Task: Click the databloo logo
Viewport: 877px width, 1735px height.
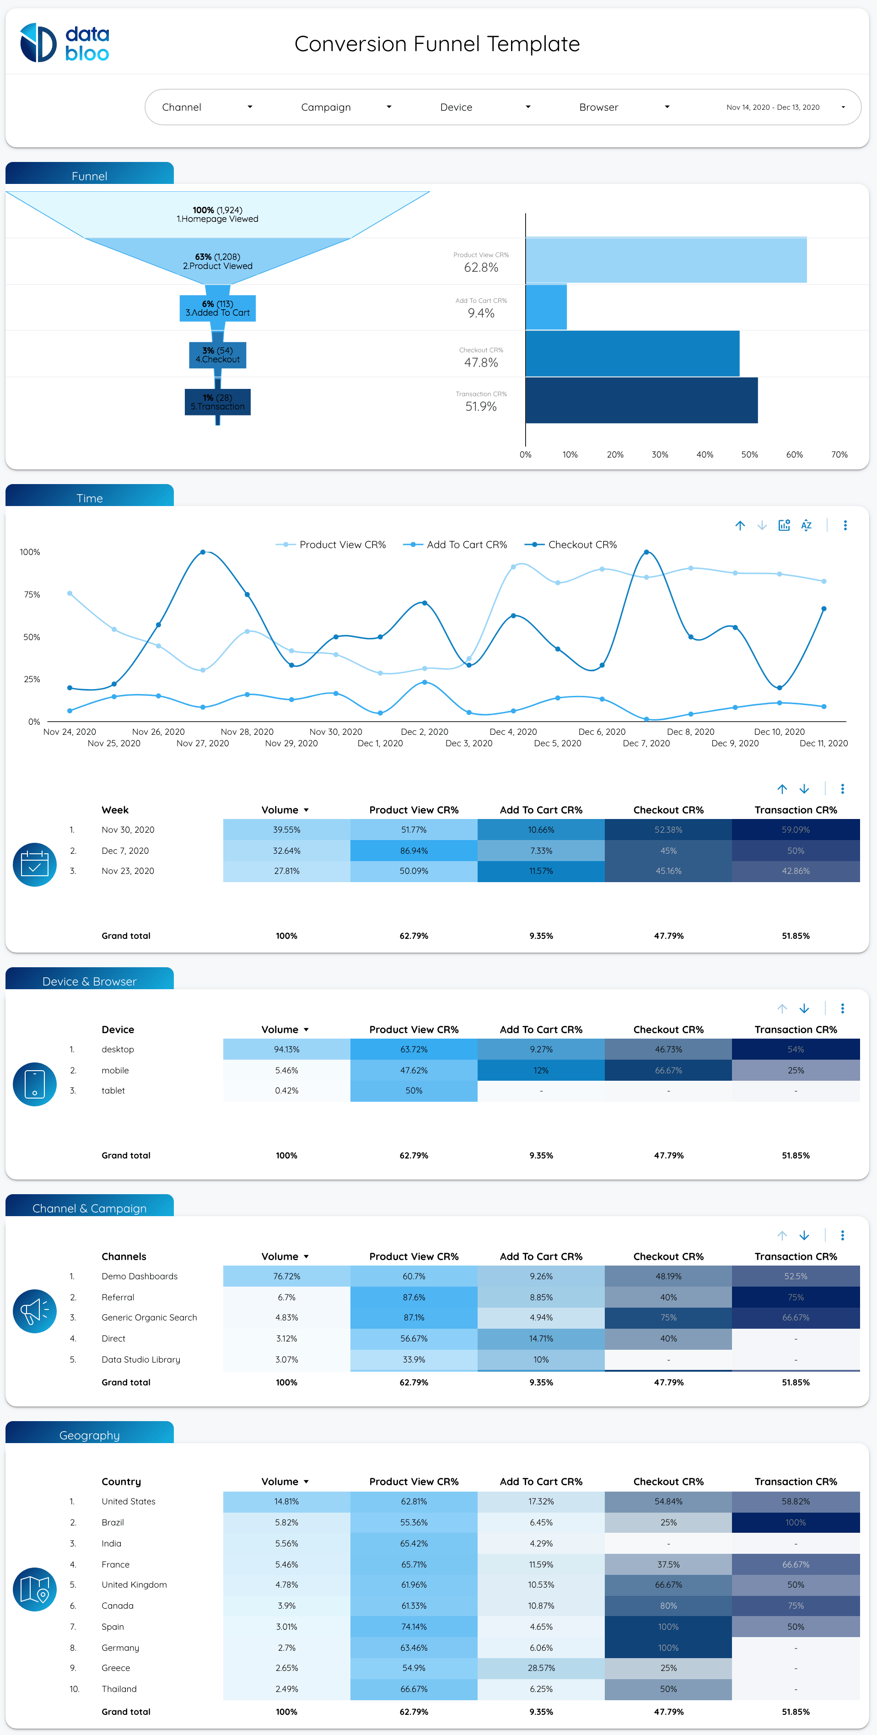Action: click(x=65, y=43)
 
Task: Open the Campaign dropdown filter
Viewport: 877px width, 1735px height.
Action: click(x=345, y=107)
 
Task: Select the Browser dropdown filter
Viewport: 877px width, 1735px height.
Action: click(x=624, y=107)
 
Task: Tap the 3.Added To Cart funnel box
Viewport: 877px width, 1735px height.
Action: click(x=218, y=308)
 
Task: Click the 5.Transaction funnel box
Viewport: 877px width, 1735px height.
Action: click(x=218, y=402)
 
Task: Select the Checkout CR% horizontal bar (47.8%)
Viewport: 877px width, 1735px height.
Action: click(x=632, y=354)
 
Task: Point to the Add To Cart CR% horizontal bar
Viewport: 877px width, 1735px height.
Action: click(x=546, y=307)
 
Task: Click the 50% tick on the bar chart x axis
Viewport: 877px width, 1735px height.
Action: click(x=749, y=455)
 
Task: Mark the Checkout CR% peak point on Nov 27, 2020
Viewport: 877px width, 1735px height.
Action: click(x=203, y=552)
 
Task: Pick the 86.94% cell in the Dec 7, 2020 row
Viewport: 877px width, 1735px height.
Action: click(x=414, y=851)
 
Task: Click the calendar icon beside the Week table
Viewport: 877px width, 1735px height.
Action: click(x=34, y=864)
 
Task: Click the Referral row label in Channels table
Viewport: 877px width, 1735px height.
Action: click(x=118, y=1297)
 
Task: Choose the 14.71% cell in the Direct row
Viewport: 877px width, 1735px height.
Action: click(x=541, y=1338)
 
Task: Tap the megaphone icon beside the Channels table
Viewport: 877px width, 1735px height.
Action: click(x=34, y=1311)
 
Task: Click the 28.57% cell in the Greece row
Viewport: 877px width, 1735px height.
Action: click(x=541, y=1668)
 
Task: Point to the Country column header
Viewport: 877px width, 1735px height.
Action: click(x=121, y=1481)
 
